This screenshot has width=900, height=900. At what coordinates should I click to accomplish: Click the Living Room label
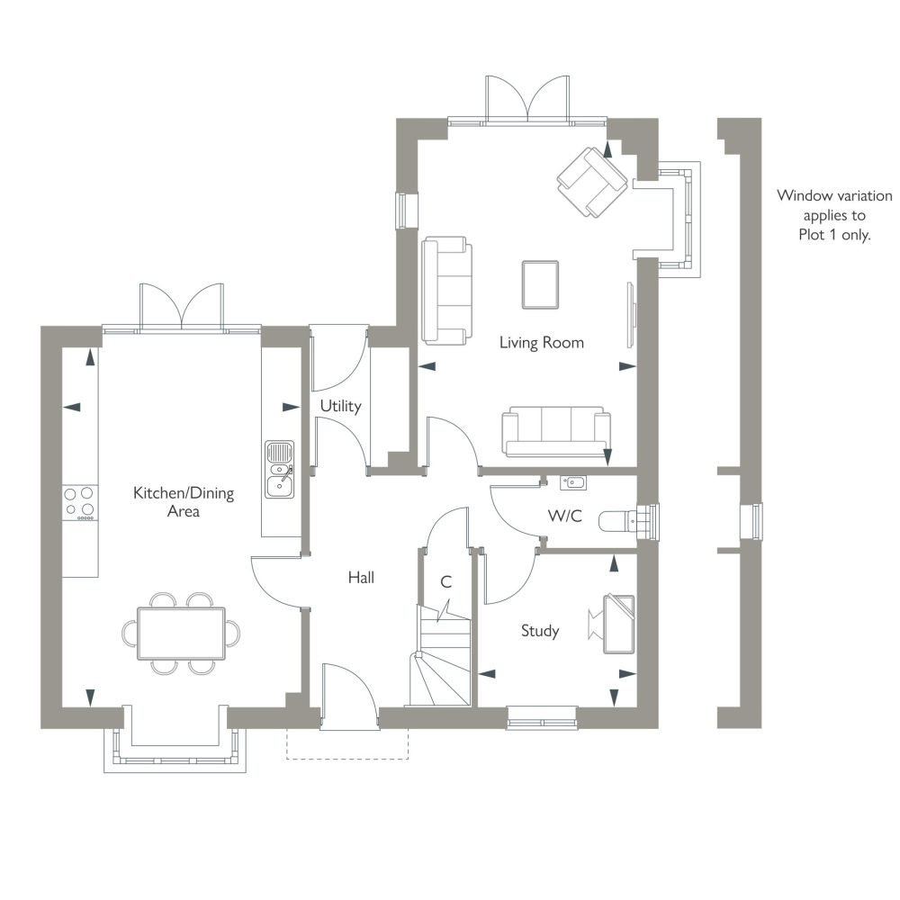pos(541,343)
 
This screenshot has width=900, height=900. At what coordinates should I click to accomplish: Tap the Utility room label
pos(340,407)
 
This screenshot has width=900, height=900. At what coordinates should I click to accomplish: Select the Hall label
pos(361,578)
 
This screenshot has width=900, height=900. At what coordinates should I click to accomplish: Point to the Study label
pos(540,631)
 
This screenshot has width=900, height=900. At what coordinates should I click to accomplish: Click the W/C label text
pos(565,516)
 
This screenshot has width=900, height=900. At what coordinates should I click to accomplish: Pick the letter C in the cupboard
pos(446,582)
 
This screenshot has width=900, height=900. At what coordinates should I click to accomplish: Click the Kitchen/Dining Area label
pos(184,501)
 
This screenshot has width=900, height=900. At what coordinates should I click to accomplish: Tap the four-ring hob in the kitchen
pos(79,503)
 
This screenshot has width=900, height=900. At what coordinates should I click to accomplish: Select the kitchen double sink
pos(280,470)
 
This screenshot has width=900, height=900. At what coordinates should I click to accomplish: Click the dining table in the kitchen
pos(182,634)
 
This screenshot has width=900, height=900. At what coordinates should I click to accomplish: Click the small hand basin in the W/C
pos(572,482)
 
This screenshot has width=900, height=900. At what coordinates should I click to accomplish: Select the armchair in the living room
pos(591,182)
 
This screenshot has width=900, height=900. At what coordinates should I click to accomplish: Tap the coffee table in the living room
pos(540,284)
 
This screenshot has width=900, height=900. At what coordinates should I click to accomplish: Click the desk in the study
pos(619,625)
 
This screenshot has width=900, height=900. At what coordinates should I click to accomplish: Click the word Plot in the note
pos(812,235)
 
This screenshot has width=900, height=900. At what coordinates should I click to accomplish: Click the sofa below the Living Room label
pos(555,432)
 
